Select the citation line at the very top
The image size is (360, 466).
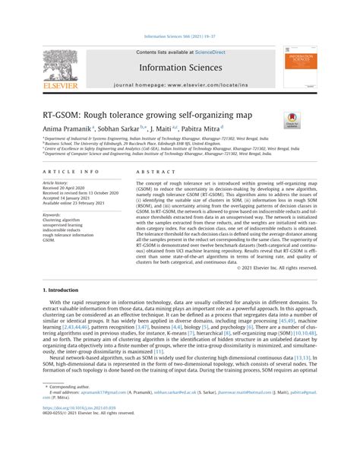pos(180,34)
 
